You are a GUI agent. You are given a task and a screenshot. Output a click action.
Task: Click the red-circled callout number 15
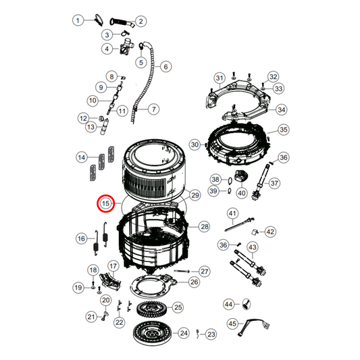coord(106,203)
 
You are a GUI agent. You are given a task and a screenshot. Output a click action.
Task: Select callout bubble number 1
coord(78,21)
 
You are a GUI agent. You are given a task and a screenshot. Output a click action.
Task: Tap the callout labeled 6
coord(165,66)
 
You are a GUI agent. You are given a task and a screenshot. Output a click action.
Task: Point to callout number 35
coord(283,130)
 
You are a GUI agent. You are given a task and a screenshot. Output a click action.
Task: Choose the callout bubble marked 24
coord(184,333)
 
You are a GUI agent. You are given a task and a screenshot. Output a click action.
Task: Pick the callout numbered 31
coord(219,78)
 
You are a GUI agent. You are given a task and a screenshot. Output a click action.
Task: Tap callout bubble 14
coord(81,157)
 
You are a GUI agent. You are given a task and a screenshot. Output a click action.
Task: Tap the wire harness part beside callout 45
coord(253,323)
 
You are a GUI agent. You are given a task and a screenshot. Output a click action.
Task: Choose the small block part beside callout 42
coord(255,231)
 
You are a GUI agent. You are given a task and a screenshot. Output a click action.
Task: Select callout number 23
coord(211,334)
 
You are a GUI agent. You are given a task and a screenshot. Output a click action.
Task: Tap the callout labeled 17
coord(113,266)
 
